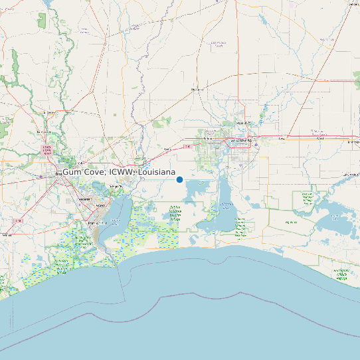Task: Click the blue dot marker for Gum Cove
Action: (179, 179)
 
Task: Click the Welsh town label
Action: (351, 141)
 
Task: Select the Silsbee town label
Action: (47, 113)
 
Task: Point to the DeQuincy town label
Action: (197, 89)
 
